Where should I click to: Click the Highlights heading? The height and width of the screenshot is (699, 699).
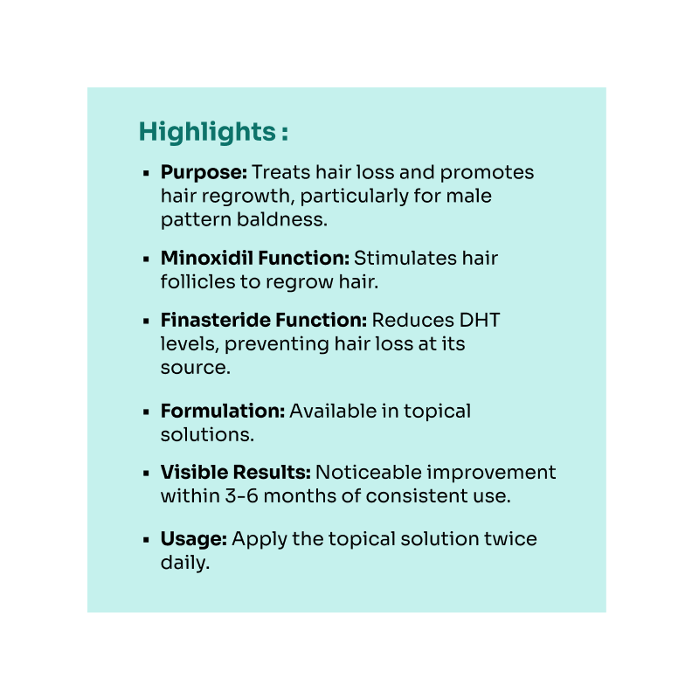point(213,132)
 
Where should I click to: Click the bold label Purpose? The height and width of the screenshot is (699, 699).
point(204,172)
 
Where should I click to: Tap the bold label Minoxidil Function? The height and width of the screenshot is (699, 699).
point(255,258)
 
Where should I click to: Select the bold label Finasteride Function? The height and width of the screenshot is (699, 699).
point(264,320)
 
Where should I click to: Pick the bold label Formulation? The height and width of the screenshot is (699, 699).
point(223,411)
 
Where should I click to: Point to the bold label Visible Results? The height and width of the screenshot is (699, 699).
point(235,472)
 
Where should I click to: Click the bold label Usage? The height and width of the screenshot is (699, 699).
point(193,539)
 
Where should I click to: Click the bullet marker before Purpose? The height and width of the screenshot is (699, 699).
point(146,173)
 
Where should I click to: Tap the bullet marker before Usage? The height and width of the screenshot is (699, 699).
point(146,540)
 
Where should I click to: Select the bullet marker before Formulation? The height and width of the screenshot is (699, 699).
point(146,412)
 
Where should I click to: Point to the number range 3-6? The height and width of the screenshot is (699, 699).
point(241,495)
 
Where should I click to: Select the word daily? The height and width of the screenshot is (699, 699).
point(185,563)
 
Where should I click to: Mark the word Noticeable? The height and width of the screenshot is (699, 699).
point(368,472)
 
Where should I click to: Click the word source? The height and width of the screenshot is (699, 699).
point(195,368)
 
